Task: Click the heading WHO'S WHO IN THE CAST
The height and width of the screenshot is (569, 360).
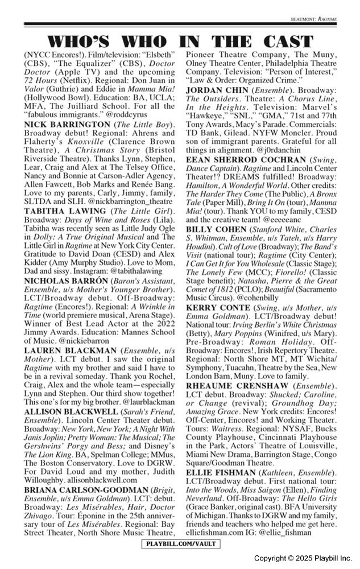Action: tap(180, 41)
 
